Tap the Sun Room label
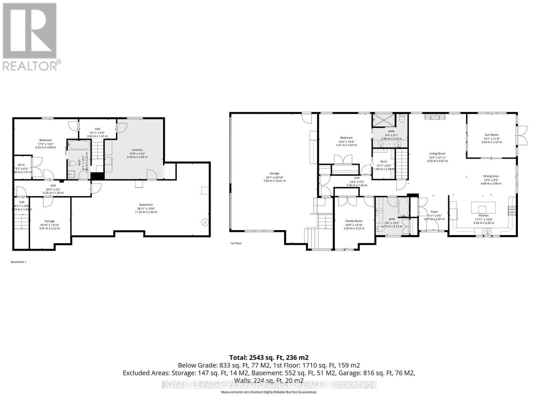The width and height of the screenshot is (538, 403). pos(491,135)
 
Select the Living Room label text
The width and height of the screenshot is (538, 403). pos(437,153)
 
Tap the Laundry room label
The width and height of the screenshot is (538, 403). pos(137,150)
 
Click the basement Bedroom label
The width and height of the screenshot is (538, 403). pos(45,140)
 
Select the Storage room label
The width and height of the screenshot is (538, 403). pos(49,221)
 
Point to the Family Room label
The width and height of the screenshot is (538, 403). pos(354,221)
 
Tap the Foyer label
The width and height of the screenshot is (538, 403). pos(434,212)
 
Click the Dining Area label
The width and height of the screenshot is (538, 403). pos(491,176)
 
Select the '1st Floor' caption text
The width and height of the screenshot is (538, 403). pos(236,243)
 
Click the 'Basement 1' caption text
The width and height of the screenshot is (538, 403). pos(18,262)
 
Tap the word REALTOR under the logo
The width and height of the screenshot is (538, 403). pos(30,65)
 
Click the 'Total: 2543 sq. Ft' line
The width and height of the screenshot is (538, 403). pos(269,357)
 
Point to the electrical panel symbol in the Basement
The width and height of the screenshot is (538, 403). pos(204,222)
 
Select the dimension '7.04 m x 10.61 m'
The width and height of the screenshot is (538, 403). pos(274,181)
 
